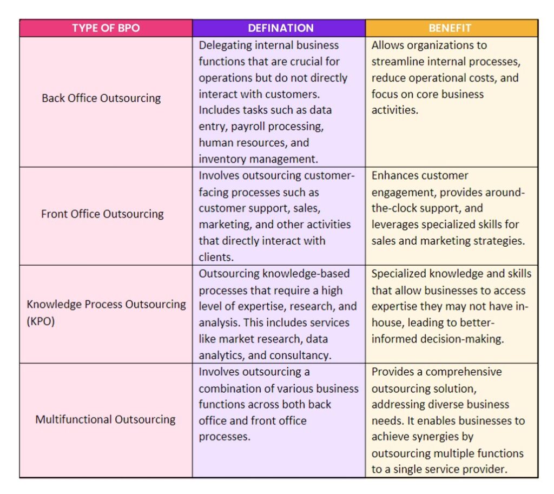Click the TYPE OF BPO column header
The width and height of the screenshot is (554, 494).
coord(105,28)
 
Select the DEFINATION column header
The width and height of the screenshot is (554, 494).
coord(280,28)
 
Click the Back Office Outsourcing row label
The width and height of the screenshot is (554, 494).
coord(101,98)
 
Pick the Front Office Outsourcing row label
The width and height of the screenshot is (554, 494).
coord(102,214)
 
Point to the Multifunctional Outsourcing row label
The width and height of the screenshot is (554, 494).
coord(105,419)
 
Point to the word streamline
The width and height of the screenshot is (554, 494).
coord(397,62)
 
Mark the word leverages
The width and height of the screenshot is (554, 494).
coord(396,225)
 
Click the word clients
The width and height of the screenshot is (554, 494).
coord(214,257)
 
